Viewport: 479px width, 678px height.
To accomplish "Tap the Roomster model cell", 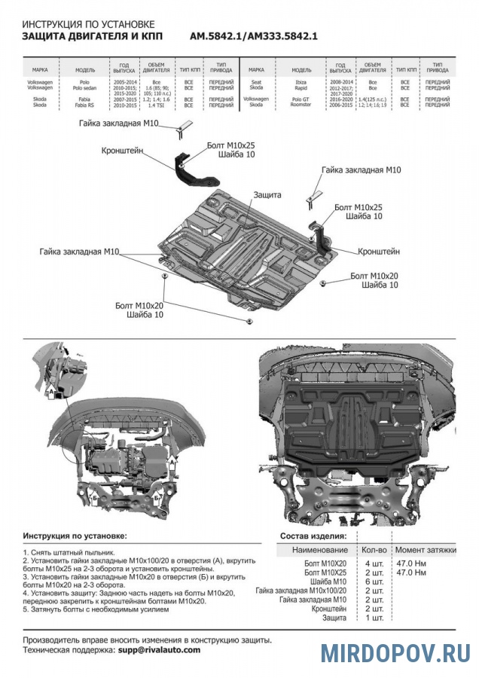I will point(301,105).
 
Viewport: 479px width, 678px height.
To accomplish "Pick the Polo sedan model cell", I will point(85,87).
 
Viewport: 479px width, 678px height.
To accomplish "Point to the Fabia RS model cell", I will point(85,105).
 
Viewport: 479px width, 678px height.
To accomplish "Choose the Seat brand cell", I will point(256,79).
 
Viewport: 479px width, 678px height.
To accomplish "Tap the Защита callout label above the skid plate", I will point(267,194).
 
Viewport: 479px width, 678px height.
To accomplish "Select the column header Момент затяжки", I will point(426,551).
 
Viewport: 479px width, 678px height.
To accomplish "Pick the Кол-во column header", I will point(374,551).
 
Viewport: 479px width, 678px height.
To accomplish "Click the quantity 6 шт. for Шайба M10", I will point(374,581).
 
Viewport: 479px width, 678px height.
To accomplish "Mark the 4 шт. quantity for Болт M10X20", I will point(374,563).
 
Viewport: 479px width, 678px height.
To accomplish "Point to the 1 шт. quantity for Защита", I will point(374,617).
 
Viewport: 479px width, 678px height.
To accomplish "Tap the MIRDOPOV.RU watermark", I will point(395,652).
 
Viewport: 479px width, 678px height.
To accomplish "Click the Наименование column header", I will point(315,551).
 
